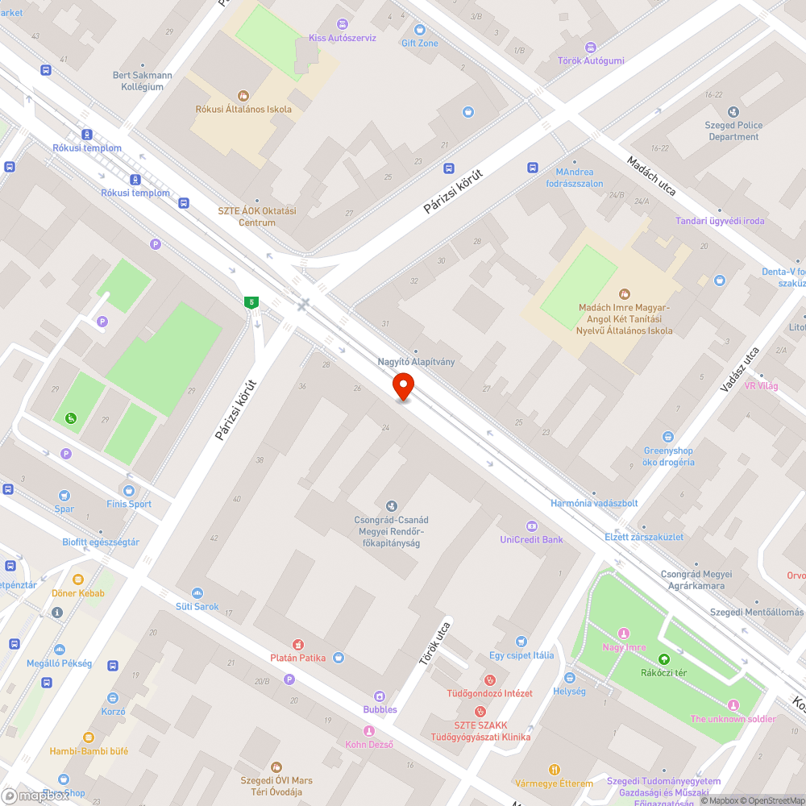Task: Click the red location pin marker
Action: click(404, 388)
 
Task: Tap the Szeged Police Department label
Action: click(733, 131)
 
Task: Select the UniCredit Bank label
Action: click(531, 539)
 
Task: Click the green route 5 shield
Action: click(252, 302)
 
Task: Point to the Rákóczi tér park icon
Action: click(663, 659)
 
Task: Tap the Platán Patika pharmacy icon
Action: click(298, 644)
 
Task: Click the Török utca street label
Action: click(432, 642)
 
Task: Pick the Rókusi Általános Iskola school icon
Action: click(243, 95)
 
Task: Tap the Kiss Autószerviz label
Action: click(343, 38)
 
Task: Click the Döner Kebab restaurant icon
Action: click(78, 580)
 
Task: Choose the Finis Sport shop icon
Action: click(128, 490)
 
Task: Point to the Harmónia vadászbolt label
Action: click(594, 503)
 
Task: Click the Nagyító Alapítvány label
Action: click(416, 362)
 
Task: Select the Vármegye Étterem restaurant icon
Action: click(554, 770)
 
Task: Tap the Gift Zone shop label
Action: click(420, 43)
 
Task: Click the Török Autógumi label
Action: click(591, 60)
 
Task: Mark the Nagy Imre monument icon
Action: click(623, 634)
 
